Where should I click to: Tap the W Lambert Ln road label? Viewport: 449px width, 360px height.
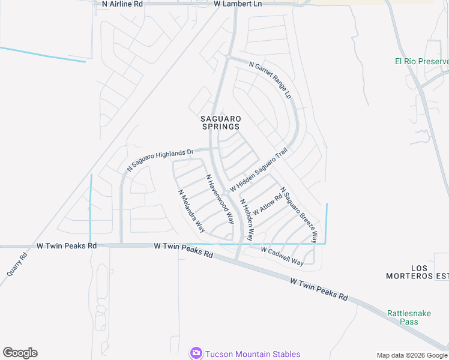coord(238,4)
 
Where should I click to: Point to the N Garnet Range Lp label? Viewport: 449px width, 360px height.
coord(270,80)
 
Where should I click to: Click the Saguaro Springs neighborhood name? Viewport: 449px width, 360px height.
coord(220,122)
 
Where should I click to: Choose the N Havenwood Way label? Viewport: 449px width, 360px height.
coord(220,199)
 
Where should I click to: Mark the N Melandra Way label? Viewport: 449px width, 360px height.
coord(191,211)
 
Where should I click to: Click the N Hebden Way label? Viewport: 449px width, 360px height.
coord(247,220)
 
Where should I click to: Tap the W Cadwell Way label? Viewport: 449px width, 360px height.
coord(282,255)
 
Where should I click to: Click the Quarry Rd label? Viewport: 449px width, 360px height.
coord(17,264)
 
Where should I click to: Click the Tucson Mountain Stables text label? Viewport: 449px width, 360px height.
coord(252,354)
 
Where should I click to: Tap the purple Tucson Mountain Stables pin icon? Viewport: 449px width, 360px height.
coord(196,353)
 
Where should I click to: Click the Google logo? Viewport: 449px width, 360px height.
coord(20,353)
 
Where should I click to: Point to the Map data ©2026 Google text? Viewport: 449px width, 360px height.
coord(412,356)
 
